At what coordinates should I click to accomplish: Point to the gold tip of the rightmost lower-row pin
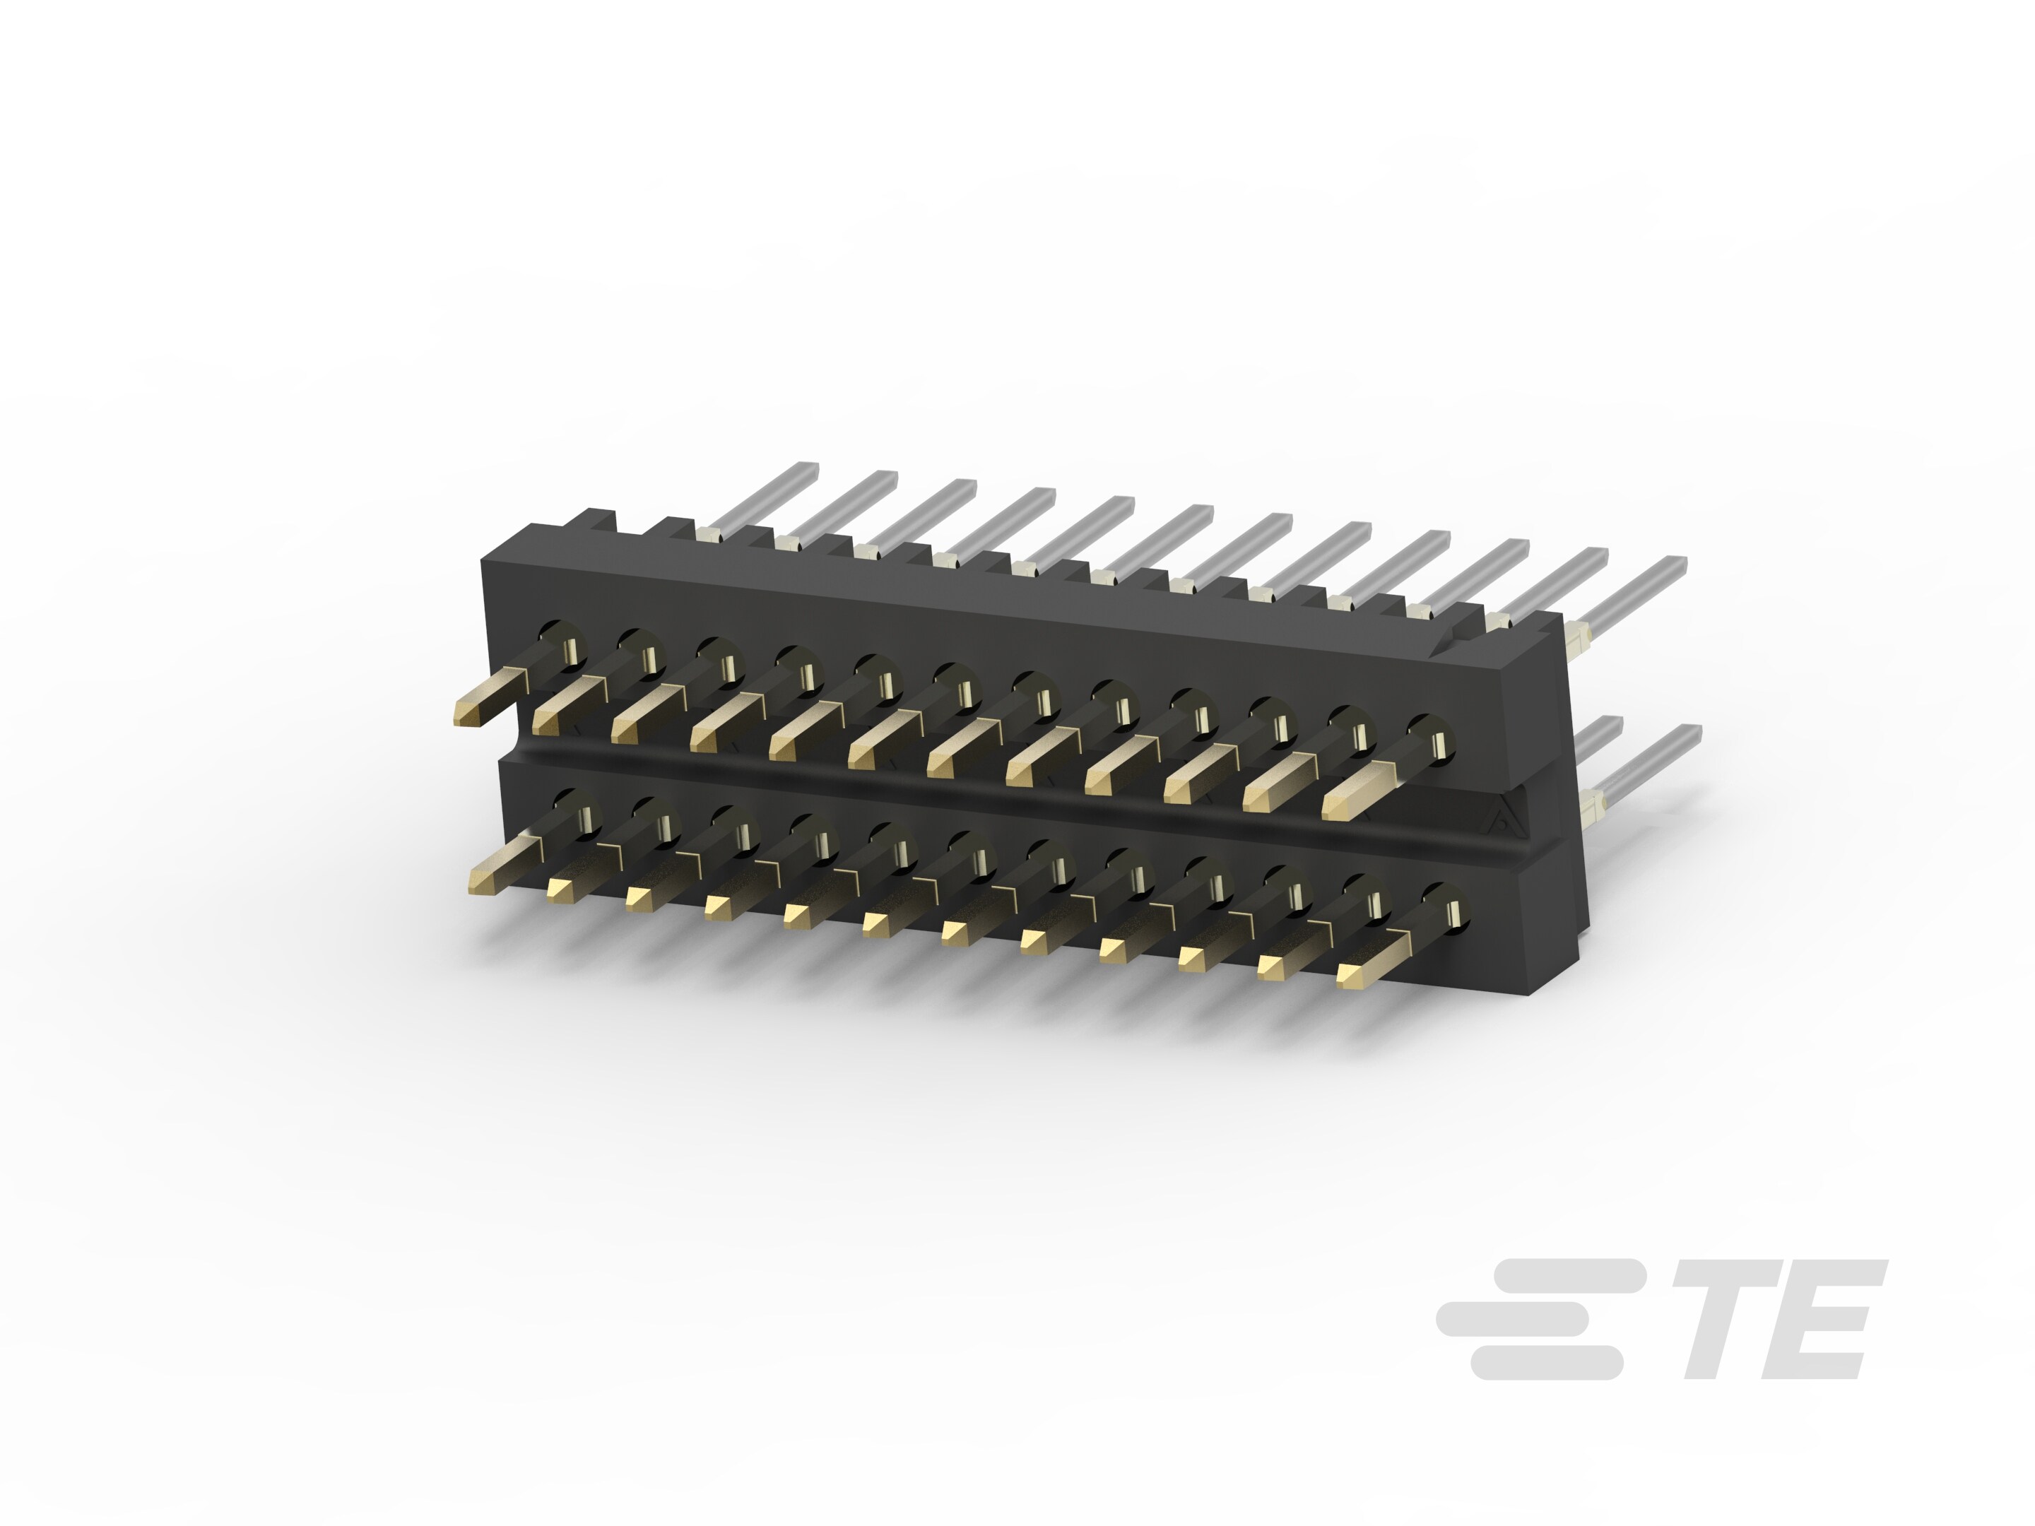click(x=1352, y=975)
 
